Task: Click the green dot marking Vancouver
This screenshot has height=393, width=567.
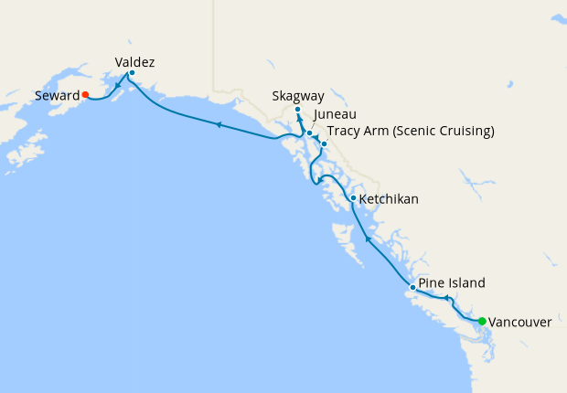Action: (482, 321)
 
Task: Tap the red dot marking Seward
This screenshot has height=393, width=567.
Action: (84, 94)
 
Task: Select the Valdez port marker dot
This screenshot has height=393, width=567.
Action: (132, 73)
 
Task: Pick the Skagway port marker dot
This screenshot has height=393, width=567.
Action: (297, 111)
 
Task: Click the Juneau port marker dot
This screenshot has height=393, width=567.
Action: (309, 133)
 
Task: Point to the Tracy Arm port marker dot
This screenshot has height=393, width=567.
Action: (324, 143)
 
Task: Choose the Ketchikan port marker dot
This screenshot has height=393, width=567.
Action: (353, 198)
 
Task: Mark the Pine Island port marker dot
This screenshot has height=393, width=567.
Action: (412, 288)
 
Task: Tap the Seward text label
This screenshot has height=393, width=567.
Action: (56, 95)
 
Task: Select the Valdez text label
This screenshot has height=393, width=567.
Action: (134, 62)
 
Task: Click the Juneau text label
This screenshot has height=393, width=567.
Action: (332, 115)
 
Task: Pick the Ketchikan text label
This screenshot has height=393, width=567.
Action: (389, 198)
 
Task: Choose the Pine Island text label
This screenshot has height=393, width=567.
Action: (452, 282)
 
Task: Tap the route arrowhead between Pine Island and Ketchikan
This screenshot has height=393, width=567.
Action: (368, 239)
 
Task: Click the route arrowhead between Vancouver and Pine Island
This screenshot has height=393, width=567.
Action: (446, 298)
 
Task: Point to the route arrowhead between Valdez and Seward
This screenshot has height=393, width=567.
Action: (118, 89)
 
